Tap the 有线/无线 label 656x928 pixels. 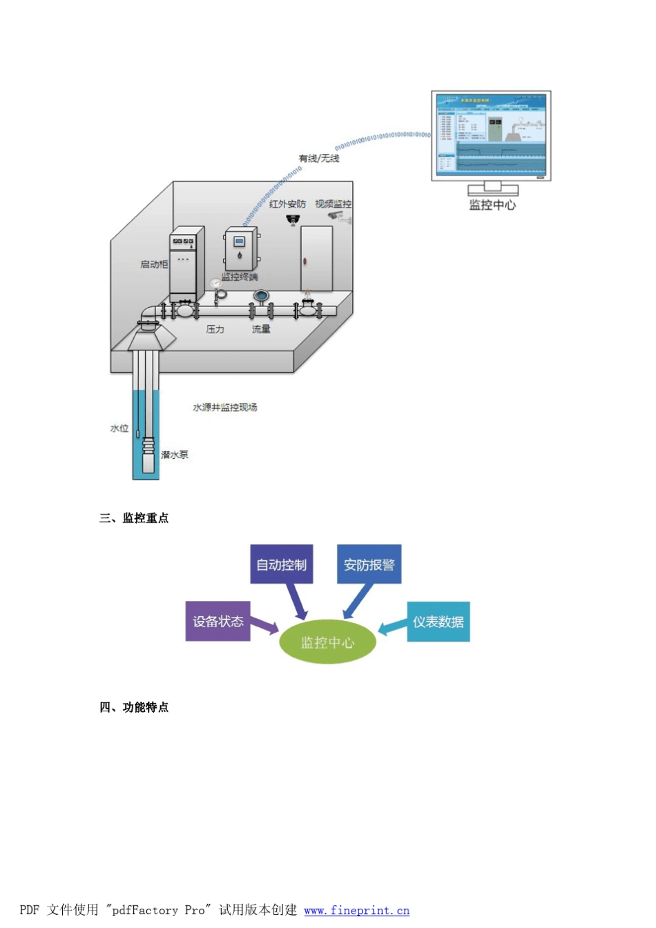(x=319, y=159)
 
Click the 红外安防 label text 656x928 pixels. (x=287, y=204)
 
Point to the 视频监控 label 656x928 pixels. (x=334, y=204)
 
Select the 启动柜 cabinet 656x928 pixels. (x=186, y=264)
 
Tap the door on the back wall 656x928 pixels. (x=316, y=259)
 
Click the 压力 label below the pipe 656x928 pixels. (x=215, y=330)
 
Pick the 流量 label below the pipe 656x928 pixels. (x=261, y=330)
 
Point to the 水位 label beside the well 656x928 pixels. (x=119, y=428)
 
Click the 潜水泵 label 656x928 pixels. (x=175, y=455)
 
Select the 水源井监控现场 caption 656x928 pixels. (x=225, y=408)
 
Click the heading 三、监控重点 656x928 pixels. (x=134, y=518)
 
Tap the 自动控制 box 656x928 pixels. (x=282, y=564)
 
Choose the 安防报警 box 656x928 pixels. (x=369, y=564)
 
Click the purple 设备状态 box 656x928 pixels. (x=218, y=621)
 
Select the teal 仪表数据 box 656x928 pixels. (x=438, y=622)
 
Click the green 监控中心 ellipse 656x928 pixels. (x=327, y=642)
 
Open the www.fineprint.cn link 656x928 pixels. (x=356, y=911)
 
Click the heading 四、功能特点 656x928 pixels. (x=134, y=707)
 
